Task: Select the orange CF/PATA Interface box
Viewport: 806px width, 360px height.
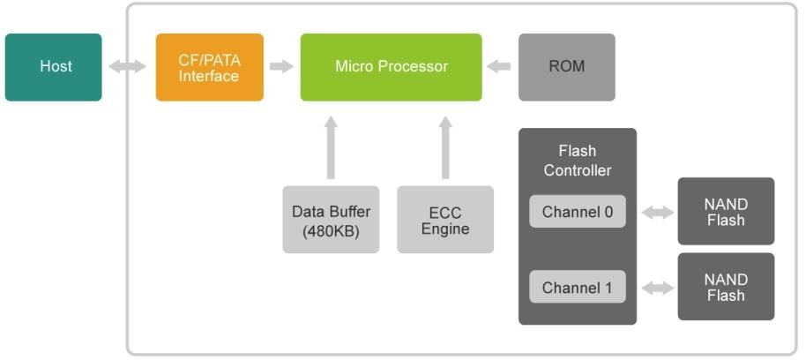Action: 209,67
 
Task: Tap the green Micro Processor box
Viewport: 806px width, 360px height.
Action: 391,67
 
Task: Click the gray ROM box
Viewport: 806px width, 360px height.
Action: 566,67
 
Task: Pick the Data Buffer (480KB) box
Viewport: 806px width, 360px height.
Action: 331,220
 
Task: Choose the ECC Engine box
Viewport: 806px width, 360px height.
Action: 444,220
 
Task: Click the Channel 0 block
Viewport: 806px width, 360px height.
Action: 577,212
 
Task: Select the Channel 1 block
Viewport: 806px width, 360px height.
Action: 577,288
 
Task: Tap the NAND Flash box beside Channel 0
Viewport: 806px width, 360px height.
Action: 725,212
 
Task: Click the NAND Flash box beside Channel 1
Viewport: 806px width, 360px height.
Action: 725,287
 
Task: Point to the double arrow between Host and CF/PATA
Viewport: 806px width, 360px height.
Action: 128,67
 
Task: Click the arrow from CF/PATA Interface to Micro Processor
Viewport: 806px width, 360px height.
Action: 281,67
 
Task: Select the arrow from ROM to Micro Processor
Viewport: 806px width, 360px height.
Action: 499,67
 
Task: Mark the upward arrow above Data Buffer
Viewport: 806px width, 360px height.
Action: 331,147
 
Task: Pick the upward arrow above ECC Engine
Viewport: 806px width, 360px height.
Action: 445,147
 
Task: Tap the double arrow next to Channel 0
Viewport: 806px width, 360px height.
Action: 657,212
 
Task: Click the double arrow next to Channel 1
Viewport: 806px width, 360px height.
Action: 657,288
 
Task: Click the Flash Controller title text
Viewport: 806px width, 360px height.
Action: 577,161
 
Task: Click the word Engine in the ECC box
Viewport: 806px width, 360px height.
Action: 444,229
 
